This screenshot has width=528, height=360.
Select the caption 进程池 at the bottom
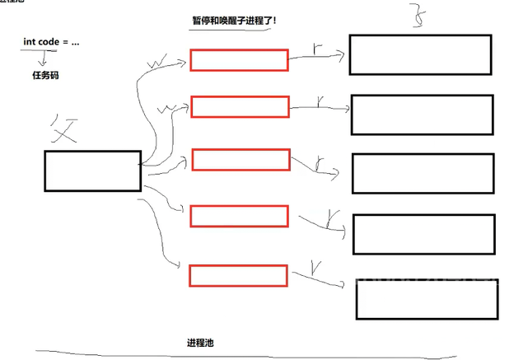coord(201,342)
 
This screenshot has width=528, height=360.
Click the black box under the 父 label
coord(92,171)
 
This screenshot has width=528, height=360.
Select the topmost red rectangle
coord(239,60)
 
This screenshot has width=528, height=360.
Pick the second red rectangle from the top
coord(240,106)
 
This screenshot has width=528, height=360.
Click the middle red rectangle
coord(241,159)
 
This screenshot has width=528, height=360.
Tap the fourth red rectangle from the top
coord(239,216)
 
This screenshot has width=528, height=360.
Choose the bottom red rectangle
coord(238,275)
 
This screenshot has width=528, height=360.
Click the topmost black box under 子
coord(420,54)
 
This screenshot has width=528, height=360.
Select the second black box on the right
coord(422,115)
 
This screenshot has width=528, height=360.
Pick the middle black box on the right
coord(423,173)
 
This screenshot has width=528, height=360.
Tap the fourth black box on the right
coord(423,233)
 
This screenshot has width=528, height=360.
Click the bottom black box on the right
coord(427,297)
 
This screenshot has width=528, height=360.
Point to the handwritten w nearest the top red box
coord(157,62)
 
